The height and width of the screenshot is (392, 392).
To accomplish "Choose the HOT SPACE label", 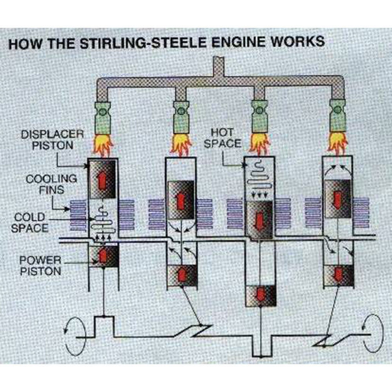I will pos(222,138).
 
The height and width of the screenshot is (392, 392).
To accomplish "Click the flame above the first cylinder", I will pos(103,146).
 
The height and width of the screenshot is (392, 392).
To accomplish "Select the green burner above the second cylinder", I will pos(181,118).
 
